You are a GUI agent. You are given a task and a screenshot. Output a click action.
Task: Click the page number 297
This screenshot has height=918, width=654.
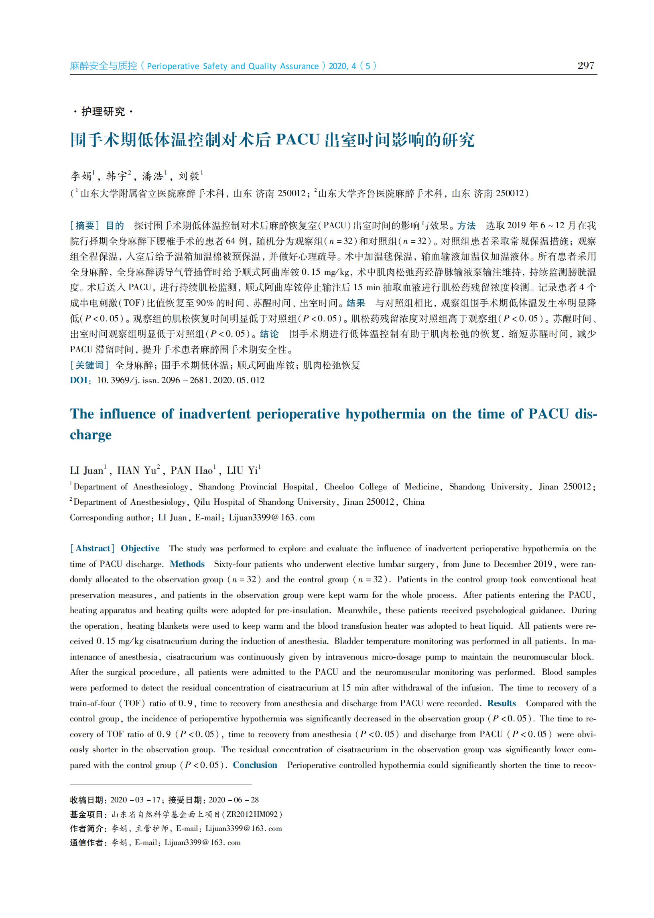pyautogui.click(x=585, y=65)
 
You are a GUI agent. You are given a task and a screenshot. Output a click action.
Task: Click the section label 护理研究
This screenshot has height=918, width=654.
pyautogui.click(x=103, y=112)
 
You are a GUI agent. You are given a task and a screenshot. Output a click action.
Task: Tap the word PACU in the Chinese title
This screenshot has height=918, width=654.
pyautogui.click(x=298, y=140)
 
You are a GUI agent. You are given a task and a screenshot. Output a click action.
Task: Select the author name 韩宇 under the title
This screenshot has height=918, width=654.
pyautogui.click(x=116, y=177)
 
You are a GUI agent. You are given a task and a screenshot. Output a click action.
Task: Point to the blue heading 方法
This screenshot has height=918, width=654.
pyautogui.click(x=466, y=225)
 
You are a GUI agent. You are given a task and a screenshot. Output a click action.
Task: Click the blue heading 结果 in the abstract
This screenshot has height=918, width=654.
pyautogui.click(x=355, y=303)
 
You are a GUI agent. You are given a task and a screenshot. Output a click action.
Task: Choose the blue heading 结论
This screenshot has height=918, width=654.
pyautogui.click(x=269, y=334)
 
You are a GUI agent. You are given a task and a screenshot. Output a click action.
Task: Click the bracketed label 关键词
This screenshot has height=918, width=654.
pyautogui.click(x=89, y=365)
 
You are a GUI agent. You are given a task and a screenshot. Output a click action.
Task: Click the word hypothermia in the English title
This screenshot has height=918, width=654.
pyautogui.click(x=385, y=414)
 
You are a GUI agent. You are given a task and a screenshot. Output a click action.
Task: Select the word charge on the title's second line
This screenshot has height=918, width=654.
pyautogui.click(x=91, y=435)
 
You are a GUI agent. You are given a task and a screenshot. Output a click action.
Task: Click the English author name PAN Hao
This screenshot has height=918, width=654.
pyautogui.click(x=192, y=470)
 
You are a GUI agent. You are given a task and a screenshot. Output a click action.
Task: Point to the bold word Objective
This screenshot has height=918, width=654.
pyautogui.click(x=140, y=548)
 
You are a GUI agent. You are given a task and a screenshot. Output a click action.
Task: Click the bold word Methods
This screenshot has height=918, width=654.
pyautogui.click(x=187, y=564)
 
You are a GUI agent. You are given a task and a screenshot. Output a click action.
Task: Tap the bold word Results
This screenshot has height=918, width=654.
pyautogui.click(x=502, y=703)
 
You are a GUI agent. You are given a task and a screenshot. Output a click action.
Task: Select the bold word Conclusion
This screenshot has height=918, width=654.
pyautogui.click(x=255, y=765)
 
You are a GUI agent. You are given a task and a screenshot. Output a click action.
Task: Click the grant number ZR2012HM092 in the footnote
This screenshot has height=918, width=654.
pyautogui.click(x=252, y=814)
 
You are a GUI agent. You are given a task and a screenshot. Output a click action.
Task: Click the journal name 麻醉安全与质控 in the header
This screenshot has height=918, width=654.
pyautogui.click(x=104, y=66)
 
